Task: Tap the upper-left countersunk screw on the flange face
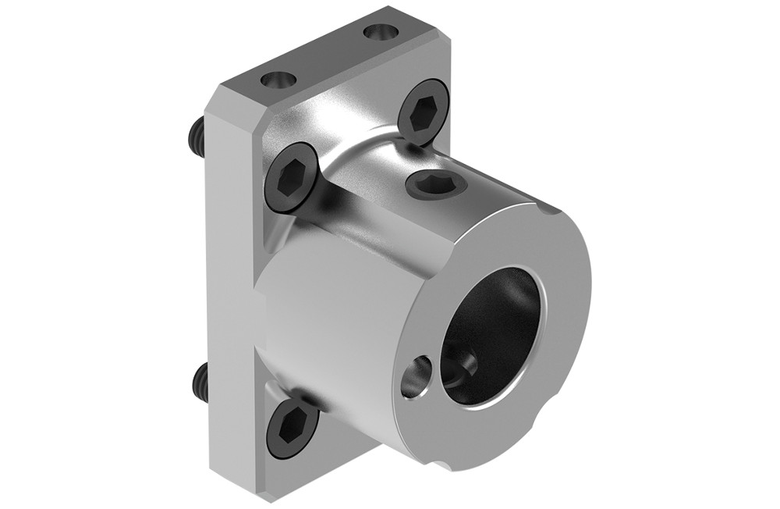pyautogui.click(x=294, y=177)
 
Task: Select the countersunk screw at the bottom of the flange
pyautogui.click(x=292, y=429)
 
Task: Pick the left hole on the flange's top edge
pyautogui.click(x=278, y=80)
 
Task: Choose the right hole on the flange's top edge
pyautogui.click(x=380, y=34)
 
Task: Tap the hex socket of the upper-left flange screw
pyautogui.click(x=294, y=177)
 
